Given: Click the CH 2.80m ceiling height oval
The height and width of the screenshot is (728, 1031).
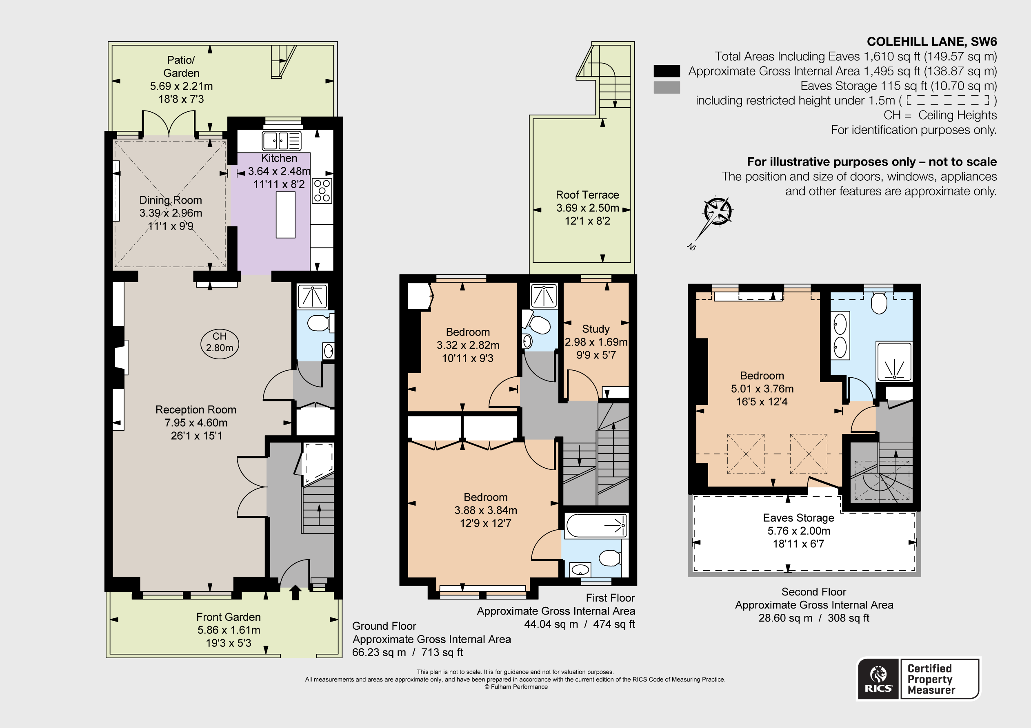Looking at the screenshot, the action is (220, 344).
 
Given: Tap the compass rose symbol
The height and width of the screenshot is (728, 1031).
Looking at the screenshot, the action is (717, 211).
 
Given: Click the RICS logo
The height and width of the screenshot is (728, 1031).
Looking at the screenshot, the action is (878, 679).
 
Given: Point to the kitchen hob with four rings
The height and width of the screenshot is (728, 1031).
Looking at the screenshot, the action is (322, 191).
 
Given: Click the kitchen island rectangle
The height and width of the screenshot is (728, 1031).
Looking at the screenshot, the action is (286, 215).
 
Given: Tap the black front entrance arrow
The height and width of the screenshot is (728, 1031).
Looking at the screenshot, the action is (295, 592).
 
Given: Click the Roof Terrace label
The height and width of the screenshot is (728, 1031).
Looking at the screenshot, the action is (587, 195).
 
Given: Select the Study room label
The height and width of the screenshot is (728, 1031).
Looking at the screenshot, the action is (596, 329).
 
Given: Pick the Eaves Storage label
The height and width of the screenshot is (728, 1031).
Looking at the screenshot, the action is (798, 518).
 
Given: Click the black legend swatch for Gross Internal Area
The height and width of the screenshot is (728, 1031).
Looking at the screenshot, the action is (667, 71).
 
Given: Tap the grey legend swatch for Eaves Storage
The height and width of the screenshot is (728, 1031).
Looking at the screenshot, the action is (667, 87).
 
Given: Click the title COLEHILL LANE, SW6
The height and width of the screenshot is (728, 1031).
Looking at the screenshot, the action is (932, 42).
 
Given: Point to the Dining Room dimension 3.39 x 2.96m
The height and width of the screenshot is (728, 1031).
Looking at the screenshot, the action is (171, 213).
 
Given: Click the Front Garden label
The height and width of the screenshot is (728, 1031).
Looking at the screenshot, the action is (229, 617).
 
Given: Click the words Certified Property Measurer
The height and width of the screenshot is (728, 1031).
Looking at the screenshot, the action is (931, 679).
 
